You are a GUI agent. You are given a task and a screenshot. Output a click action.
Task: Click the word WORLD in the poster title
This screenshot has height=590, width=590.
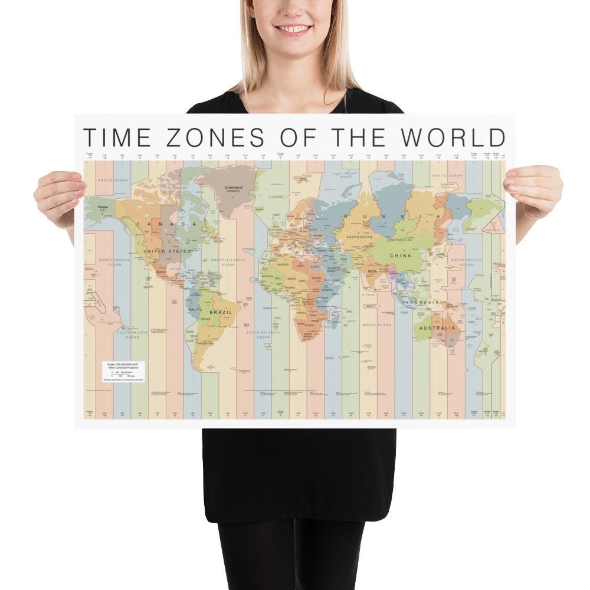tap(454, 137)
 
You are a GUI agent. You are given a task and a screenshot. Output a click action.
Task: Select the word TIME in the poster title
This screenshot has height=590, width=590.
tap(117, 137)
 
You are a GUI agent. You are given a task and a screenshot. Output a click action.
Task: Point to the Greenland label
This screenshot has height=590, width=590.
tap(234, 189)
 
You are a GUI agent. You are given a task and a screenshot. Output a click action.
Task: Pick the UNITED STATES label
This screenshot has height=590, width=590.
tap(167, 251)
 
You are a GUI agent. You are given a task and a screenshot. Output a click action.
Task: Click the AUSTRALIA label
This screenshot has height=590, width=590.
tap(437, 327)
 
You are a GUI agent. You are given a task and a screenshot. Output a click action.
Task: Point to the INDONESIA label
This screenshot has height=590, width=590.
tap(421, 302)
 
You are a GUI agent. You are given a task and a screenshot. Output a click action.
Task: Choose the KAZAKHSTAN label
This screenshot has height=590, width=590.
tap(359, 237)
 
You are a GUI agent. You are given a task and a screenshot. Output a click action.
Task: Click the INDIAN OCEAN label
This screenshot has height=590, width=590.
tap(377, 325)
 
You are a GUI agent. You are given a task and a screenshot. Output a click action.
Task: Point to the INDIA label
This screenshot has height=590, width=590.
tap(372, 271)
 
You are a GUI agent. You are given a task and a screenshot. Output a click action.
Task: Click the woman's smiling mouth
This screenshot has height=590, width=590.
tap(294, 28)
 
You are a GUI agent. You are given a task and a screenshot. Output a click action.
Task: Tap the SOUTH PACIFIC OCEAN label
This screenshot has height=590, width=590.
tap(132, 335)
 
